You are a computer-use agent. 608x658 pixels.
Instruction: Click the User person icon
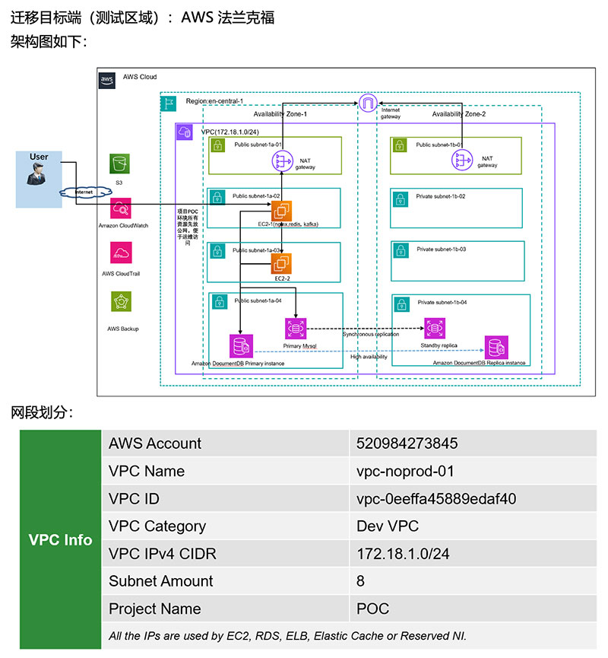(x=38, y=174)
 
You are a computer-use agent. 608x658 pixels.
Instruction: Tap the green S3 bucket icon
(x=119, y=164)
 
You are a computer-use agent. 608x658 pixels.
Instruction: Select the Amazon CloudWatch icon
(x=120, y=209)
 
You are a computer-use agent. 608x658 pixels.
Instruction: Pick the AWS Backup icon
(x=120, y=302)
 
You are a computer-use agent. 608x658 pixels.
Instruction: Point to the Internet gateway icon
(x=368, y=101)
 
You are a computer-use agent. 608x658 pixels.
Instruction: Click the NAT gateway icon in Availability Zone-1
(x=283, y=161)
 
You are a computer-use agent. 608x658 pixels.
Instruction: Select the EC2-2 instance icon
(x=282, y=263)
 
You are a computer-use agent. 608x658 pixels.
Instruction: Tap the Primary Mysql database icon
(x=295, y=329)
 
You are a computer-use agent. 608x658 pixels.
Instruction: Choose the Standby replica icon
(x=434, y=328)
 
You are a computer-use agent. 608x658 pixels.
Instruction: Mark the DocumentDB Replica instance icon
(x=496, y=347)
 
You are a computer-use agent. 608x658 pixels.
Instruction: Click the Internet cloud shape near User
(x=84, y=192)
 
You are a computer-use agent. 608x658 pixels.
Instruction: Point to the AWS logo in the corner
(x=107, y=79)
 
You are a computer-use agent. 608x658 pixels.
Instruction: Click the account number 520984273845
(x=407, y=443)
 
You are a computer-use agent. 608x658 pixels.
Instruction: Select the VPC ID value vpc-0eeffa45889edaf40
(x=436, y=499)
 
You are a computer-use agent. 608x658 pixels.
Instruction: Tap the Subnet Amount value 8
(x=361, y=581)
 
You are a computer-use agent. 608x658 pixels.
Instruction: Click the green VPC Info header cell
(x=60, y=540)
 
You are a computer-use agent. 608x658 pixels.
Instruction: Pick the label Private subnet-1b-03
(x=441, y=250)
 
